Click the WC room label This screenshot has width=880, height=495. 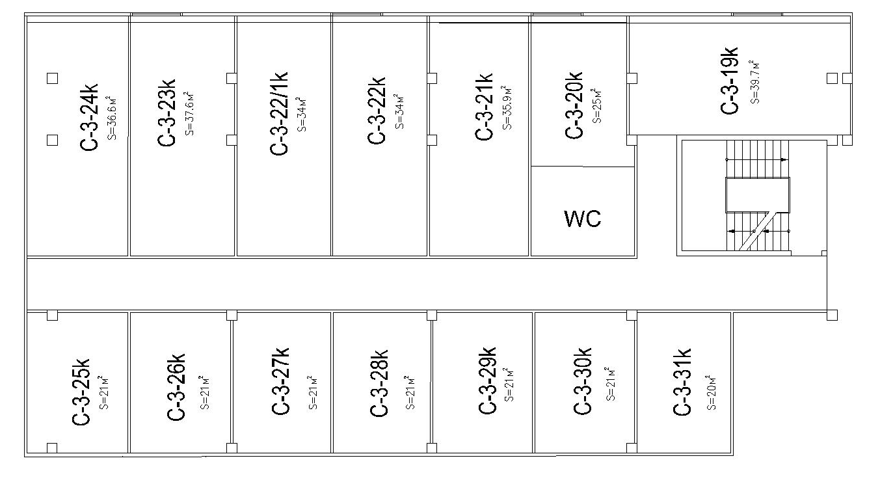(x=583, y=219)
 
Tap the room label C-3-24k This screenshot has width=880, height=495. (x=89, y=117)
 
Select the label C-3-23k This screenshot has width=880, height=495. (x=167, y=114)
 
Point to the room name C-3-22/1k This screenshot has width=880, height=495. (x=280, y=113)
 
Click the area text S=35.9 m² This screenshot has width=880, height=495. (x=508, y=107)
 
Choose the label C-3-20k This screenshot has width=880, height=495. (x=574, y=105)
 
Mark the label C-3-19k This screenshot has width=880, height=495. (x=730, y=80)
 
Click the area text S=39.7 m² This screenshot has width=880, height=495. (x=754, y=81)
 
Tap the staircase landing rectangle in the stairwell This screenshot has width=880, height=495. (x=757, y=194)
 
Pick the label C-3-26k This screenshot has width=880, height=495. (x=177, y=386)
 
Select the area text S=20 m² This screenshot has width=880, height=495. (x=711, y=392)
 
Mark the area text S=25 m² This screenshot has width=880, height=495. (x=596, y=105)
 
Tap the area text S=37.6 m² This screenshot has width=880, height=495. (x=189, y=113)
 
